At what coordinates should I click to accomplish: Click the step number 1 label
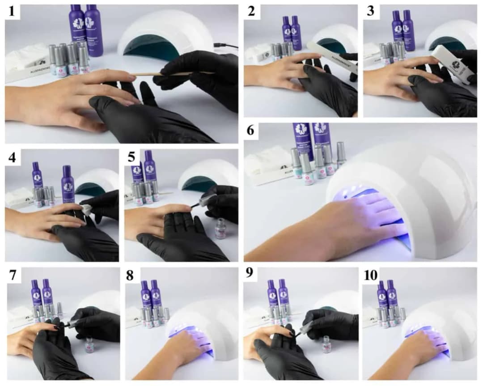(14, 12)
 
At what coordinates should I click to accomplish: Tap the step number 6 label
(250, 131)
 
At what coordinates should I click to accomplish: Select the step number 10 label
(371, 275)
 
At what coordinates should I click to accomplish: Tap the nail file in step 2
(334, 56)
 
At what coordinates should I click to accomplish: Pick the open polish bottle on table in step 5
(220, 228)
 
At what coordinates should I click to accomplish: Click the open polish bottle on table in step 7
(89, 345)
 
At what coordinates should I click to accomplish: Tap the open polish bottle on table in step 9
(327, 345)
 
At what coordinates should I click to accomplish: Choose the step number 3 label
(370, 12)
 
